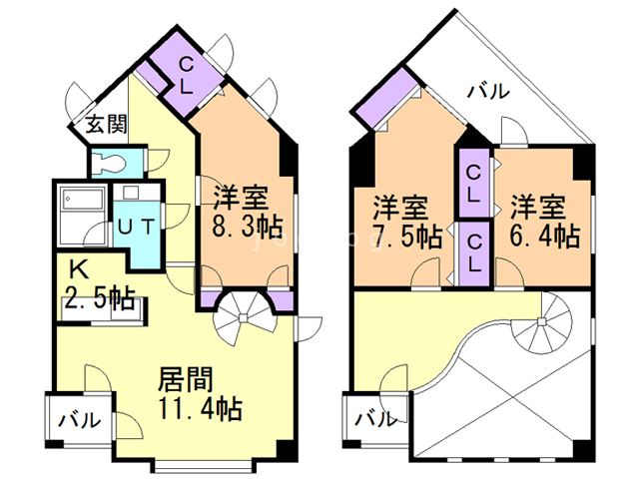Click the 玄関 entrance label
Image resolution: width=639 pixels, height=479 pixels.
(106, 124)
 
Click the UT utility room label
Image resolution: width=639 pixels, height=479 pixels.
(137, 227)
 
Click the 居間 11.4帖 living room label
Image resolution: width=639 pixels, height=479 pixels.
(200, 393)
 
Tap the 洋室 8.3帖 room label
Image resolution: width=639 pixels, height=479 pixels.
(248, 212)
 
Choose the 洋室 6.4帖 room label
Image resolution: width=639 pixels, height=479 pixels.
(545, 222)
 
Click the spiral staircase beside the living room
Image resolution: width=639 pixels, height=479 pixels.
(244, 318)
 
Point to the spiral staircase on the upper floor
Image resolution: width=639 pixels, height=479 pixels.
(541, 322)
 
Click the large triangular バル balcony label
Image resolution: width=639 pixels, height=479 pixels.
(488, 91)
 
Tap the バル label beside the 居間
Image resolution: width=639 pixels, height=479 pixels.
(79, 419)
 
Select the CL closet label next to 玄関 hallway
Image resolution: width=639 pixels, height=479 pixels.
(187, 75)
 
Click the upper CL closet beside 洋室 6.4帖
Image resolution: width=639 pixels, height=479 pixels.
(473, 184)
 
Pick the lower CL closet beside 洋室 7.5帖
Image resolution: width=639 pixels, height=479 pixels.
(473, 253)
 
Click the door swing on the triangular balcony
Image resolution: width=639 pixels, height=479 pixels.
(512, 131)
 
